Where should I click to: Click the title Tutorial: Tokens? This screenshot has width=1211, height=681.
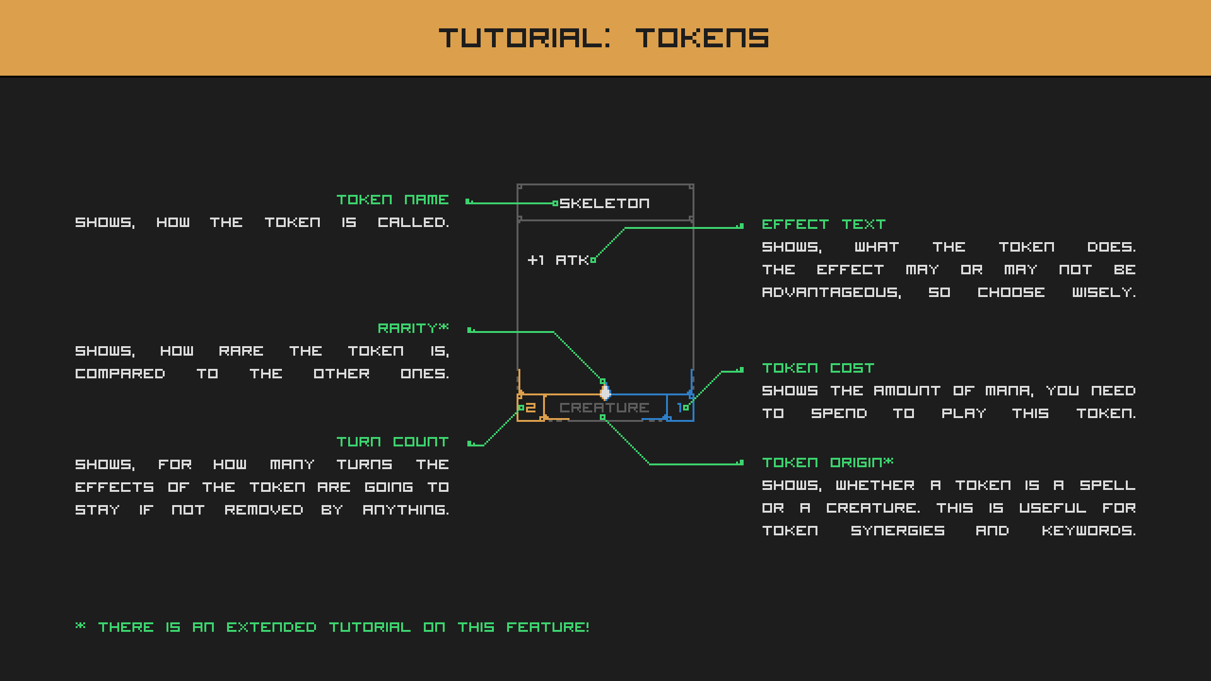click(604, 38)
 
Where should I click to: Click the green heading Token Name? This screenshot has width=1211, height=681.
click(392, 200)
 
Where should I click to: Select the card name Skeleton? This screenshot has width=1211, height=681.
click(604, 203)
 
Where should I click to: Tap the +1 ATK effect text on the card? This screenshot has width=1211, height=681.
click(558, 260)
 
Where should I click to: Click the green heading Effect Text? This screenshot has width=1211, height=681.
click(824, 224)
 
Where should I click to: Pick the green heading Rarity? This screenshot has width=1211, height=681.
click(413, 328)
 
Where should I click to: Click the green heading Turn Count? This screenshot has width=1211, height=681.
click(392, 442)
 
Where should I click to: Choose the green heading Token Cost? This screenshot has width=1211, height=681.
click(818, 368)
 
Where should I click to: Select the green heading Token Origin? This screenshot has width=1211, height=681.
click(828, 462)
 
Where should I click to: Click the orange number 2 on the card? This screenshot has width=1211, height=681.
click(530, 408)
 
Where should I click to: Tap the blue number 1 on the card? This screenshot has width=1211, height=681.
click(679, 408)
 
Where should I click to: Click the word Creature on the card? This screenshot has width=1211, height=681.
click(604, 408)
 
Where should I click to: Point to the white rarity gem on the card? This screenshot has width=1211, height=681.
click(605, 393)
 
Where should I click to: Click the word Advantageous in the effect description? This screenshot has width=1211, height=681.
click(831, 293)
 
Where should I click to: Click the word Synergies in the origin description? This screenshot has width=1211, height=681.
click(898, 531)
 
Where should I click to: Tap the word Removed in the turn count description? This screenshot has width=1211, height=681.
click(264, 510)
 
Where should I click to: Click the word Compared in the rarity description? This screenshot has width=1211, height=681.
click(120, 374)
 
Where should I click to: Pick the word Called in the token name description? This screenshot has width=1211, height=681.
click(413, 223)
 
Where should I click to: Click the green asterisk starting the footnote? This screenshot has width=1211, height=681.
click(80, 626)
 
